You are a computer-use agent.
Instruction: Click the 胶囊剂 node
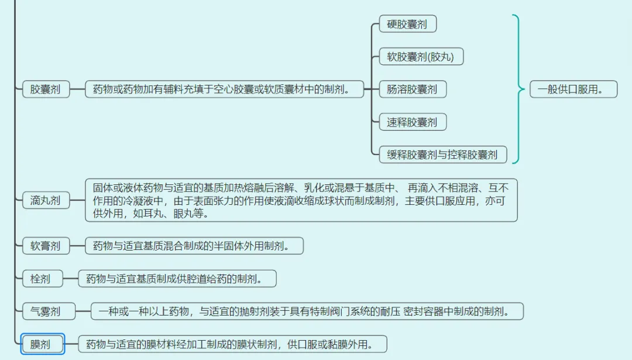[x=45, y=90]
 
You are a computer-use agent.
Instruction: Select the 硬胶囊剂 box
[x=407, y=24]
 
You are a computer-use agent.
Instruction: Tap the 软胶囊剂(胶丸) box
[x=421, y=57]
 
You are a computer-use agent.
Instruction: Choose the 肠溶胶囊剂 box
[x=412, y=90]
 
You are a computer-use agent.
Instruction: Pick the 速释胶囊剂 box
[x=412, y=122]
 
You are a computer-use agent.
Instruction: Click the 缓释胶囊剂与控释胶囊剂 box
[x=442, y=155]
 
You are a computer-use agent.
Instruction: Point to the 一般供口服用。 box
[x=573, y=90]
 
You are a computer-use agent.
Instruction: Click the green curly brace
[x=517, y=89]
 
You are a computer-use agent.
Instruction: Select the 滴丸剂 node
[x=45, y=200]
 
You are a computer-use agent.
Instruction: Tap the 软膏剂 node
[x=45, y=246]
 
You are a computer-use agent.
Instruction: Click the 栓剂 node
[x=40, y=279]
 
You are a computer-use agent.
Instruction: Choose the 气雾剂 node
[x=45, y=311]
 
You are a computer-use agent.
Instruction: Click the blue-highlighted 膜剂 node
[x=40, y=344]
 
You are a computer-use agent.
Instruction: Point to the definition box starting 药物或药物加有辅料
[x=225, y=90]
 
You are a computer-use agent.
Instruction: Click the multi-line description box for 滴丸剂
[x=301, y=200]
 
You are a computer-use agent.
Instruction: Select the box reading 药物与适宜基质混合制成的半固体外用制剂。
[x=194, y=246]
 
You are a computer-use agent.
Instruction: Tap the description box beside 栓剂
[x=177, y=279]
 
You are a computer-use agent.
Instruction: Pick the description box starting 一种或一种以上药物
[x=307, y=311]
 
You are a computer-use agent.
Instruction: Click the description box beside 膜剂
[x=232, y=344]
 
